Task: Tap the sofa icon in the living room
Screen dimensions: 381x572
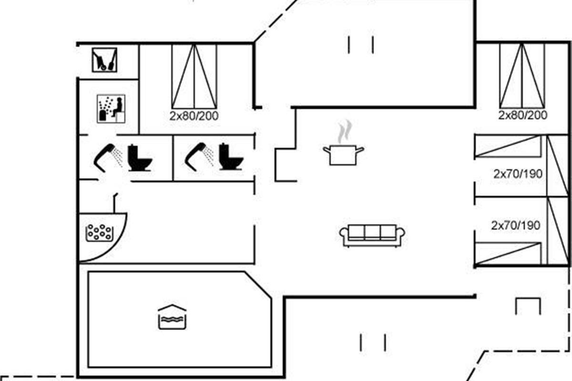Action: [x=372, y=235]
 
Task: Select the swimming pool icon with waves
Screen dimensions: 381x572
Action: [x=172, y=317]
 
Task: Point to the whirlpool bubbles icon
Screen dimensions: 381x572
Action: [x=99, y=233]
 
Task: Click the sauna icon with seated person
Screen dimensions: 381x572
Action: [x=111, y=109]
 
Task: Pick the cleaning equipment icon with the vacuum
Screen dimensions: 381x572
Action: [x=104, y=60]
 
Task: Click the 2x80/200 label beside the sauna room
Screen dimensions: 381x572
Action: [x=194, y=116]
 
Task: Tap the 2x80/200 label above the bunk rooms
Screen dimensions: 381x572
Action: [x=523, y=115]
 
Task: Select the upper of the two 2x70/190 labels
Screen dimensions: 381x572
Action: [x=518, y=174]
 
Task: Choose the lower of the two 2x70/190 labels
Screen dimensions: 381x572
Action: [x=516, y=225]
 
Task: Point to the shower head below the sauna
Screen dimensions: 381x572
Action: [x=108, y=155]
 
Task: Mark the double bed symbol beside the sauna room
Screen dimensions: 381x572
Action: [x=194, y=76]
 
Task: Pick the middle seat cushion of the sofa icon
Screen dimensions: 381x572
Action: [x=372, y=232]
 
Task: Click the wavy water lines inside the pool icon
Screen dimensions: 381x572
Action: [x=172, y=321]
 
